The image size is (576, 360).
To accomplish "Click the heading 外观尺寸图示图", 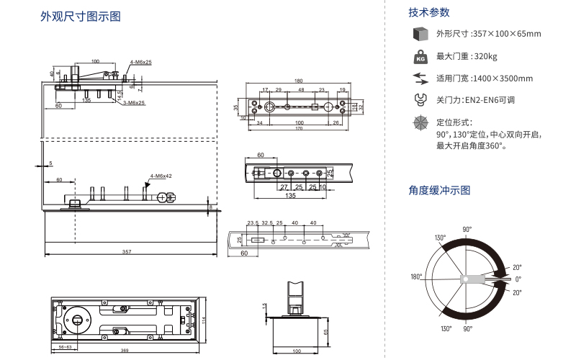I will [x=80, y=16].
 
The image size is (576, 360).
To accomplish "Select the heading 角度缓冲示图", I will [x=439, y=190].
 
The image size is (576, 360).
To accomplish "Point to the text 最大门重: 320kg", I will [x=467, y=56].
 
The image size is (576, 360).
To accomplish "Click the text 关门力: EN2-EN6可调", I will [x=475, y=100].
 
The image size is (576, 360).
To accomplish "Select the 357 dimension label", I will [x=127, y=251].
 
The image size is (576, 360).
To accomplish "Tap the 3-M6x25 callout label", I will [x=133, y=103].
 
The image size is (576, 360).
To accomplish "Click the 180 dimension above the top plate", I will [x=298, y=80].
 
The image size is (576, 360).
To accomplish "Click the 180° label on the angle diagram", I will [x=416, y=276].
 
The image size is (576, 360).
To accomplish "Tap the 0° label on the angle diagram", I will [x=518, y=279].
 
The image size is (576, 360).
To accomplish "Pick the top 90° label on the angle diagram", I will [x=467, y=229].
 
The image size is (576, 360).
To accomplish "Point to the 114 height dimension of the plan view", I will [x=204, y=320].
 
